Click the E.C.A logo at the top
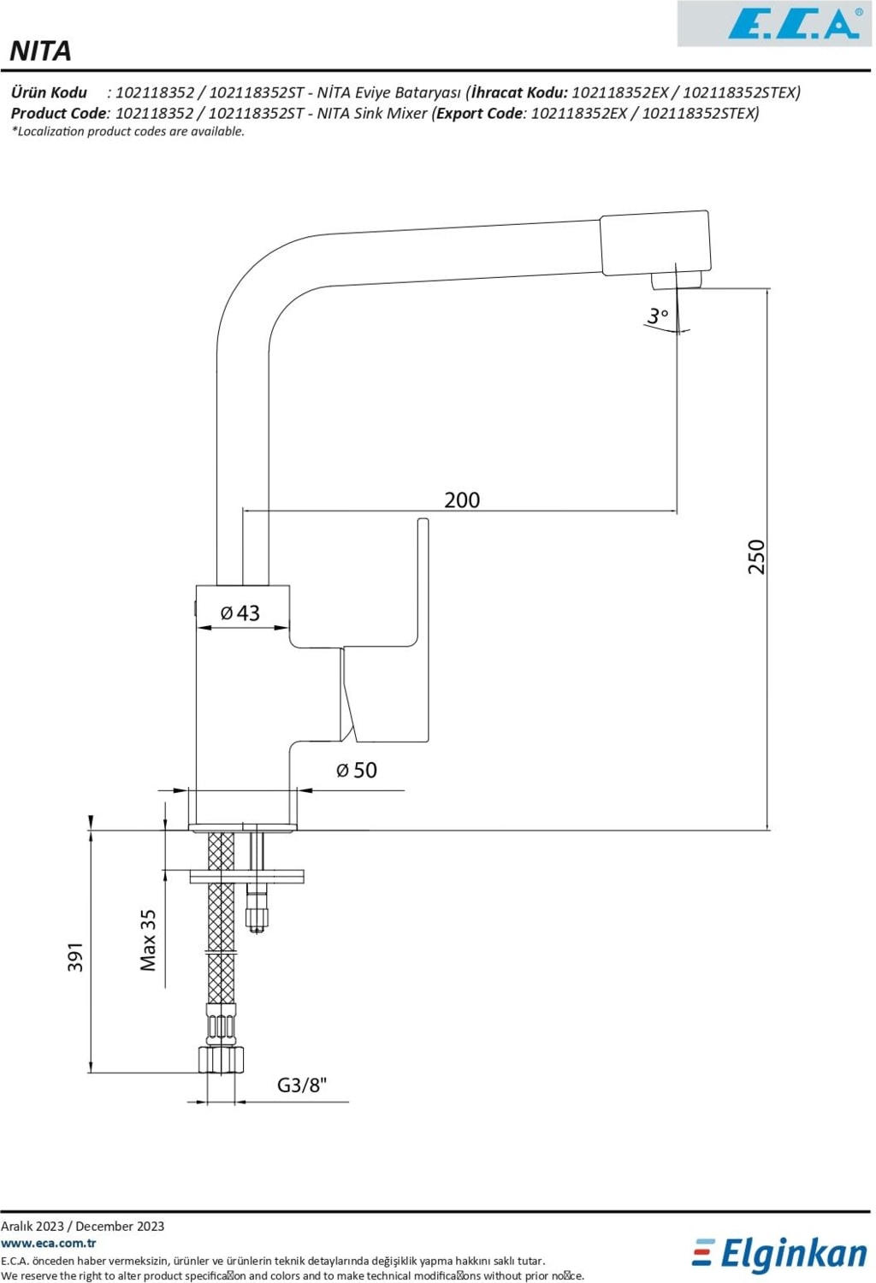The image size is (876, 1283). point(792,24)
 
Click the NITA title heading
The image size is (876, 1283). point(40,51)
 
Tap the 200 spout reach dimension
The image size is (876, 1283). point(462,500)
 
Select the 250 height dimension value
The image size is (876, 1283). point(756,556)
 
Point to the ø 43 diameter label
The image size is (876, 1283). point(240,612)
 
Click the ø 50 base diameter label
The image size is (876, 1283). point(357,770)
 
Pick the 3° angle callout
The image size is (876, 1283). point(658,316)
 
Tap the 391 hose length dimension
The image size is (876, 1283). point(76,956)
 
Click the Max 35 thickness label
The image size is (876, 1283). point(148,940)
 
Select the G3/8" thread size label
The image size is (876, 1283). point(302,1085)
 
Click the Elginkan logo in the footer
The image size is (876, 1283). point(779,1254)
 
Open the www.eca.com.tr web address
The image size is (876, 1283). point(49,1243)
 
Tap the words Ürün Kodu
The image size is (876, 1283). point(50,92)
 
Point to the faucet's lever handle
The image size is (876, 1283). point(421,599)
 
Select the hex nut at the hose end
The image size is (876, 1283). point(222,1059)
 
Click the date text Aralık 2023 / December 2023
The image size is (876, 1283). point(83,1226)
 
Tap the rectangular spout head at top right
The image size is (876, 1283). point(655,242)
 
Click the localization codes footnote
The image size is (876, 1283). point(128,132)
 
